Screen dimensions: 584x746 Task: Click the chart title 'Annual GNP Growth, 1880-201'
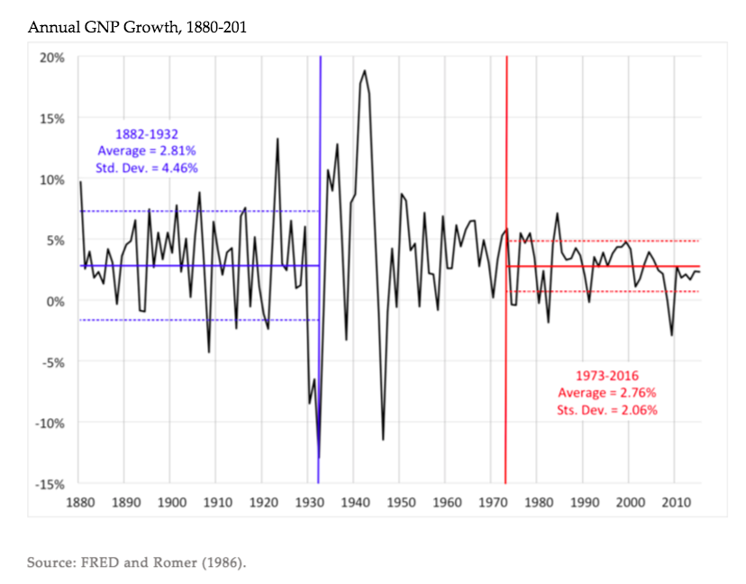click(137, 27)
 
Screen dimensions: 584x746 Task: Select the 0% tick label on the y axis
click(57, 301)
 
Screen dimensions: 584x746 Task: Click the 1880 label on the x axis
click(80, 502)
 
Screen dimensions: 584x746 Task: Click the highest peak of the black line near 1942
click(365, 70)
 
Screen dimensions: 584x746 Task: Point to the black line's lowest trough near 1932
click(318, 457)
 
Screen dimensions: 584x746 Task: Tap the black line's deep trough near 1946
click(383, 439)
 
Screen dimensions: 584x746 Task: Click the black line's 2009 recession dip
click(671, 335)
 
